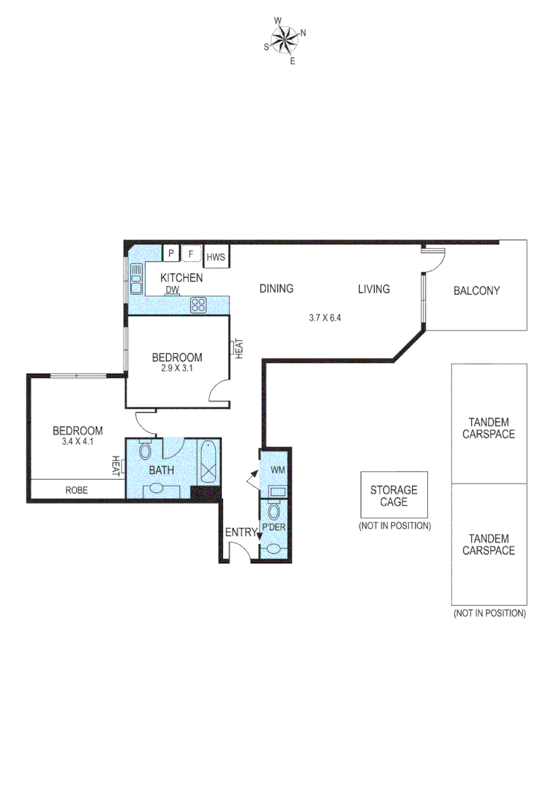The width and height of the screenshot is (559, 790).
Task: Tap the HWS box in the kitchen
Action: (x=215, y=257)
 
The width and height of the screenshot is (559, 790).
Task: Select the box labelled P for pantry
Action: (x=170, y=254)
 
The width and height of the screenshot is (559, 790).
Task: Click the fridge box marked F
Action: (x=191, y=254)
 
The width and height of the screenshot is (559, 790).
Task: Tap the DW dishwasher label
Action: (x=172, y=290)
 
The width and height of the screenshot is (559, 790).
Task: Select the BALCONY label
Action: (x=476, y=290)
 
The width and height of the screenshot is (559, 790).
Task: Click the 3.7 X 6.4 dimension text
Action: (x=325, y=317)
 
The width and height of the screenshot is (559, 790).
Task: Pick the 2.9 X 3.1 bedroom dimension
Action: (x=176, y=369)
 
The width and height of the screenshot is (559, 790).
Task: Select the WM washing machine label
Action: (x=277, y=469)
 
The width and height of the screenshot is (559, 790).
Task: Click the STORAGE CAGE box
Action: (x=394, y=495)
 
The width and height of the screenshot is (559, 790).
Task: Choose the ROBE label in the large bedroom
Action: (x=76, y=490)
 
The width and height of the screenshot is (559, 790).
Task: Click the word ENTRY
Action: (x=240, y=532)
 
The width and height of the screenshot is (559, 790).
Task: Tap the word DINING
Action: (x=277, y=289)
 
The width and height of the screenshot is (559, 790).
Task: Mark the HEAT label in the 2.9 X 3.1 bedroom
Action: (x=239, y=347)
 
